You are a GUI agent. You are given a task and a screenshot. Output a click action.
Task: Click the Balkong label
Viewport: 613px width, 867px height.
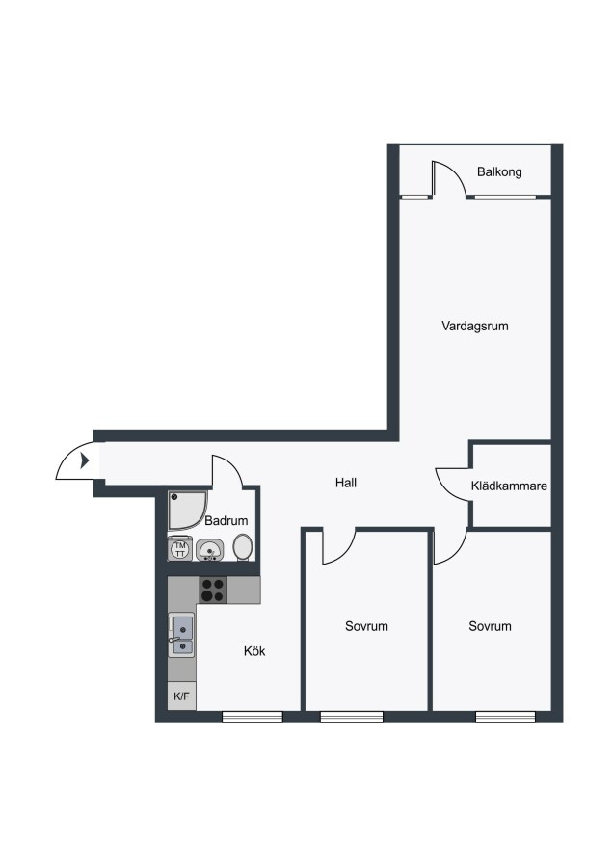tap(499, 172)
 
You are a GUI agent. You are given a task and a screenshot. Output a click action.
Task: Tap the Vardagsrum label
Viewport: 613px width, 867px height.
tap(474, 327)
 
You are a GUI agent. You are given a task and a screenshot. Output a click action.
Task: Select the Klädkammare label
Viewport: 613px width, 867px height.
tap(509, 486)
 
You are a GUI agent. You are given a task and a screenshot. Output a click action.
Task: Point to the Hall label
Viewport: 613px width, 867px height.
tap(346, 483)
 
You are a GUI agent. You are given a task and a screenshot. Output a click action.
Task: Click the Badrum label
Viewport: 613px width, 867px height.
tap(227, 521)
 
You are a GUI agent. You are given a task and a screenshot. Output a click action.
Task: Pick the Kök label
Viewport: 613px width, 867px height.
tap(254, 651)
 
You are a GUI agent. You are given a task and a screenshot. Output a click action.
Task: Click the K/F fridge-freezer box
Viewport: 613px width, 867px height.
tap(181, 696)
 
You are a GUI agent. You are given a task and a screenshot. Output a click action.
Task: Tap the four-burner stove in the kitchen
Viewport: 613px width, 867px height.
tap(212, 590)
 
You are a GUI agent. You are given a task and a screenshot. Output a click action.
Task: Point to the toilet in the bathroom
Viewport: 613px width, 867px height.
tap(243, 547)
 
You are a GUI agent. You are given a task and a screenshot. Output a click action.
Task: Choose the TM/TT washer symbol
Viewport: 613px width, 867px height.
tap(180, 548)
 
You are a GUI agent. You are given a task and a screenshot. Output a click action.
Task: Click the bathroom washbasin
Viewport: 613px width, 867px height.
tap(210, 550)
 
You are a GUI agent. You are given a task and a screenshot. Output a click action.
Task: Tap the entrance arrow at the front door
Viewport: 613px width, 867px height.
tap(85, 460)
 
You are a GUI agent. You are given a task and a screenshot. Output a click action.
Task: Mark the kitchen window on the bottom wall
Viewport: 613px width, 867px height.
tap(253, 717)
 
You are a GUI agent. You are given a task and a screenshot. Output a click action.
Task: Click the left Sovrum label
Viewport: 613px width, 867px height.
tap(366, 626)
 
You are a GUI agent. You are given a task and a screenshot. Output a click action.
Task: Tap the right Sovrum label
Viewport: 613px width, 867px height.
tap(490, 626)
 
